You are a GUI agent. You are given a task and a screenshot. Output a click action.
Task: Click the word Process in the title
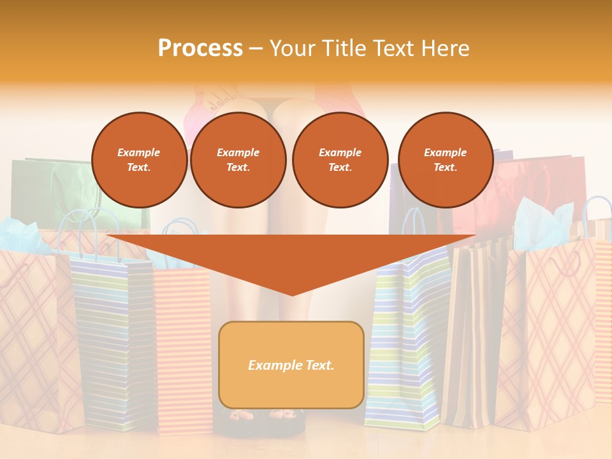(200, 48)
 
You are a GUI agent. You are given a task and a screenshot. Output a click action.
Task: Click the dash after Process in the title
(256, 49)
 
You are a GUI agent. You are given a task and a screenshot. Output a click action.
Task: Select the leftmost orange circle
(139, 159)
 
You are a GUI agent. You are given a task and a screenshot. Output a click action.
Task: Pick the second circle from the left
(238, 159)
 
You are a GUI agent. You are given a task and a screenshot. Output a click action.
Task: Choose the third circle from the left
(340, 159)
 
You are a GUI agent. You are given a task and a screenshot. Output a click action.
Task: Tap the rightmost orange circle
(445, 159)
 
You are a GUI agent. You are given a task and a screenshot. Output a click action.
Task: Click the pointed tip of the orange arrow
(292, 293)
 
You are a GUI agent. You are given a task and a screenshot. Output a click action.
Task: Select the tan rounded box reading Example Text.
(291, 365)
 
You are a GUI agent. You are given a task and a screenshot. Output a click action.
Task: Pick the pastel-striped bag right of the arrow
(408, 338)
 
